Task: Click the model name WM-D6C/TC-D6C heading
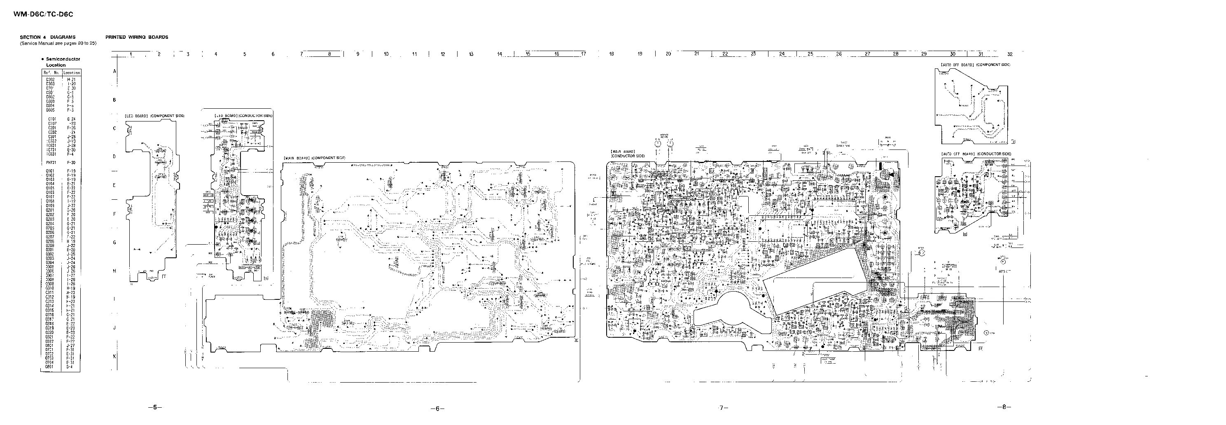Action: (43, 15)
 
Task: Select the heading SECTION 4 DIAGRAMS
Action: (48, 37)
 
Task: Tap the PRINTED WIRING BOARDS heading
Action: (137, 37)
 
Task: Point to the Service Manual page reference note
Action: (58, 43)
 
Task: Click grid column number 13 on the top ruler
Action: (471, 54)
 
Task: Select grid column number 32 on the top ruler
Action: (1010, 54)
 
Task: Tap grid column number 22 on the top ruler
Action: (725, 54)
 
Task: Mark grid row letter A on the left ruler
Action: (114, 71)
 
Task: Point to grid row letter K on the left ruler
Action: (114, 356)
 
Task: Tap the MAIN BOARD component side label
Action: (314, 158)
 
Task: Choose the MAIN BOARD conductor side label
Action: (627, 153)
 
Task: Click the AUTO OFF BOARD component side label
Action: (975, 65)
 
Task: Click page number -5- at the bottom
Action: (155, 407)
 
